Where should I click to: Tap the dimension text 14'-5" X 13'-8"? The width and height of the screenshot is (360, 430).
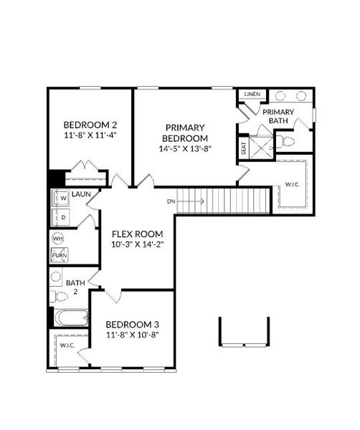[x=185, y=149]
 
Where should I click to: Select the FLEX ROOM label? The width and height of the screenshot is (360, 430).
[x=137, y=234]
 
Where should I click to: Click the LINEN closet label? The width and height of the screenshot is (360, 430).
[x=251, y=95]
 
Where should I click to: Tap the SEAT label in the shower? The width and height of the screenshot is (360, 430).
[x=244, y=148]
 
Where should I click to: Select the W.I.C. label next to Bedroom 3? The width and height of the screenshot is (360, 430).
[x=67, y=345]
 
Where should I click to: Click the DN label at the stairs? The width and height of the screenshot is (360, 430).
[x=171, y=201]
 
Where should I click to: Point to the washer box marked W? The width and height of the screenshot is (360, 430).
[x=63, y=198]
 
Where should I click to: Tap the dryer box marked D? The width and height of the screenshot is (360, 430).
[x=63, y=216]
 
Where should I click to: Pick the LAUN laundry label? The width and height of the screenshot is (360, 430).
[x=80, y=193]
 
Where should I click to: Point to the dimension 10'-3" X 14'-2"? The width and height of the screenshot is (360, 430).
[x=137, y=245]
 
